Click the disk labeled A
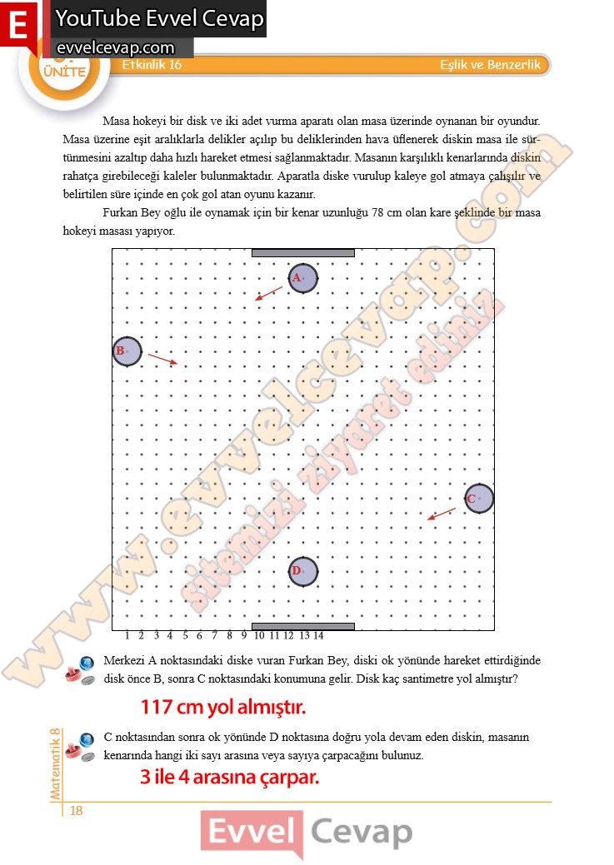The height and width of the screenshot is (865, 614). point(303,278)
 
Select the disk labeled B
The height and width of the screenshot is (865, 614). point(127,351)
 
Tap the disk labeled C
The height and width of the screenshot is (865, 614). point(479,499)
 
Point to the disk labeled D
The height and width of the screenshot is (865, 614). point(303,571)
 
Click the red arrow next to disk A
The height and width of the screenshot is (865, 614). point(269,294)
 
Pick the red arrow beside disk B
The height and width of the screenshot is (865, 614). point(163,359)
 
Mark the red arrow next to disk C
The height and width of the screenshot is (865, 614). point(442,514)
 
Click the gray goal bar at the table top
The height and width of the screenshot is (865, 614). point(303,253)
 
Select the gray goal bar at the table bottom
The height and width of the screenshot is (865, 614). point(303,627)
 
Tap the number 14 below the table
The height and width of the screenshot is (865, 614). point(318,635)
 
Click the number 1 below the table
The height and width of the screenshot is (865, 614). point(127,635)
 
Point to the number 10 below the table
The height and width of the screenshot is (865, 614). point(259,635)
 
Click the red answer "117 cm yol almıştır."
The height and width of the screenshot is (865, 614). point(223,707)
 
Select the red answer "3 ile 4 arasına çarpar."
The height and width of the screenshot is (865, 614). point(230,777)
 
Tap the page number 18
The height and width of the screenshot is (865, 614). point(76,810)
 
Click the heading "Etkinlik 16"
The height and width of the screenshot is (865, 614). point(152,65)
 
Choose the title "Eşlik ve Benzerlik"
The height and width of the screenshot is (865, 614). point(491,65)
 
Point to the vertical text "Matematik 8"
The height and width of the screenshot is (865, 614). point(55,764)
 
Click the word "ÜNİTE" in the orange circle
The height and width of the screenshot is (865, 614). point(65,72)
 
